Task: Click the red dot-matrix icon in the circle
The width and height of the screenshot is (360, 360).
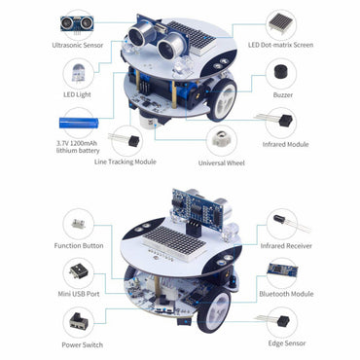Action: tap(281, 19)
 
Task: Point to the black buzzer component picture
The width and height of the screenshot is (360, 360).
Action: tap(281, 71)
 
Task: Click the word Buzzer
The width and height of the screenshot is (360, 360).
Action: tap(281, 95)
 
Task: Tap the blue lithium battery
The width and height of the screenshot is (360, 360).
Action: tap(81, 124)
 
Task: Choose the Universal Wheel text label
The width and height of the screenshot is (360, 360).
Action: tap(227, 162)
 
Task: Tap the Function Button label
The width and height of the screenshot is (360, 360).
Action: tap(79, 245)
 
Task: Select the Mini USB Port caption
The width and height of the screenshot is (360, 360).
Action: tap(79, 293)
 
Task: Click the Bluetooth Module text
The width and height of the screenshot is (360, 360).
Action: tap(286, 293)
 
